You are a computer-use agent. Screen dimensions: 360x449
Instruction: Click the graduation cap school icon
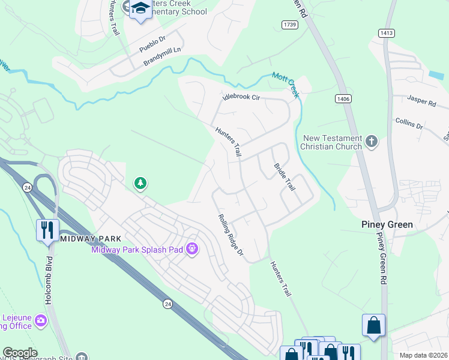click(141, 10)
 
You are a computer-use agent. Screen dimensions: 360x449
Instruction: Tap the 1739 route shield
click(289, 23)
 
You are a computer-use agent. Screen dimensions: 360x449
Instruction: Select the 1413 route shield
click(385, 34)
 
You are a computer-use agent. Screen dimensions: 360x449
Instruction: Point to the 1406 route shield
click(343, 98)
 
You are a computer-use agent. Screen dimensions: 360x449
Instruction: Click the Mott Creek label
click(285, 82)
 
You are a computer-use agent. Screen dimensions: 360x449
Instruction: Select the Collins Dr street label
click(409, 124)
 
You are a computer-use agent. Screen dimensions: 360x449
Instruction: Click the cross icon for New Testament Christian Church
click(372, 142)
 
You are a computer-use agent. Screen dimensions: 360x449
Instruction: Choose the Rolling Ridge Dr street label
click(231, 236)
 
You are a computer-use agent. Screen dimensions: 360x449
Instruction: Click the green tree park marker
click(140, 183)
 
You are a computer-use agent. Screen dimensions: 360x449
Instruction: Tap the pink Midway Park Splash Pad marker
click(192, 248)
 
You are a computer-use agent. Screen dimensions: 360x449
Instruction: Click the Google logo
click(20, 353)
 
